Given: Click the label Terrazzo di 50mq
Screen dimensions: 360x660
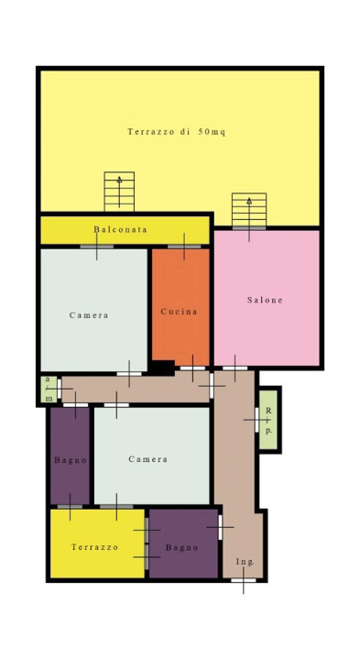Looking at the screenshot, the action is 177,132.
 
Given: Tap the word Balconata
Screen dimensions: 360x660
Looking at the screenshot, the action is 120,229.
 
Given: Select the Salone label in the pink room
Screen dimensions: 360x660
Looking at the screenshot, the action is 265,300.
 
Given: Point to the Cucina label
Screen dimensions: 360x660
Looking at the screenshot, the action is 180,312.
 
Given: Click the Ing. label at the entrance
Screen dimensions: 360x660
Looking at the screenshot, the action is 245,562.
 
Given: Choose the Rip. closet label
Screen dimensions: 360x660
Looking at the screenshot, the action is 268,421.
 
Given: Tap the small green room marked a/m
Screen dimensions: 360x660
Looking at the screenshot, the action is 49,390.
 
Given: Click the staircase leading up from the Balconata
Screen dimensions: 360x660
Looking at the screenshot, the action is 119,192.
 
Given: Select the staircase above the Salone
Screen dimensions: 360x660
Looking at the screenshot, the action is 249,210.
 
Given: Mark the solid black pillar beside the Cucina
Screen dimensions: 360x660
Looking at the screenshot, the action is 163,368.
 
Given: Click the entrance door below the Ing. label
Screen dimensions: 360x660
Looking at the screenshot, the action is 244,580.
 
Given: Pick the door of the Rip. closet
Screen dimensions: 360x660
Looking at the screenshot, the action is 256,420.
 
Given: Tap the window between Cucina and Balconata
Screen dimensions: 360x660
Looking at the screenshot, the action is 184,247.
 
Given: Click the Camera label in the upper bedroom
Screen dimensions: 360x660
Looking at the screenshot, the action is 89,315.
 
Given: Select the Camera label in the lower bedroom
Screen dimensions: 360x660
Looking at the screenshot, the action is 148,459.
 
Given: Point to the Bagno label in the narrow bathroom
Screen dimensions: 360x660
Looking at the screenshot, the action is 71,460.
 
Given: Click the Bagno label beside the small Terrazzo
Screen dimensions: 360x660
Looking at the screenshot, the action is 181,547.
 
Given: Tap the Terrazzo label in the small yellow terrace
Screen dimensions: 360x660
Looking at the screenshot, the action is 94,547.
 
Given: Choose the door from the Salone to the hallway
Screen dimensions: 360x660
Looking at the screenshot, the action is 235,368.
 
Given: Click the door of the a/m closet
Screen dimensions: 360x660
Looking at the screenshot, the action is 60,389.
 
